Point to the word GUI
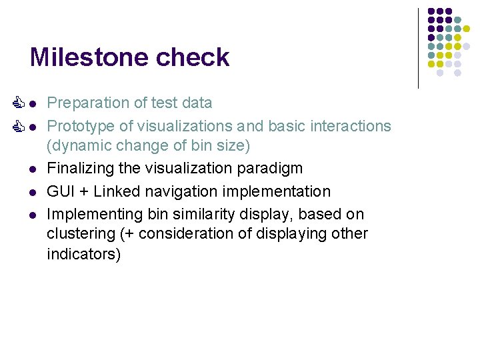pyautogui.click(x=60, y=191)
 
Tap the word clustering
pyautogui.click(x=79, y=233)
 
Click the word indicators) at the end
pyautogui.click(x=84, y=254)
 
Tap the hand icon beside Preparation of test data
pyautogui.click(x=19, y=103)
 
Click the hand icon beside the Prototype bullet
pyautogui.click(x=19, y=125)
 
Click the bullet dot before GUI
pyautogui.click(x=32, y=192)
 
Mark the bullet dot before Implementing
pyautogui.click(x=32, y=215)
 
